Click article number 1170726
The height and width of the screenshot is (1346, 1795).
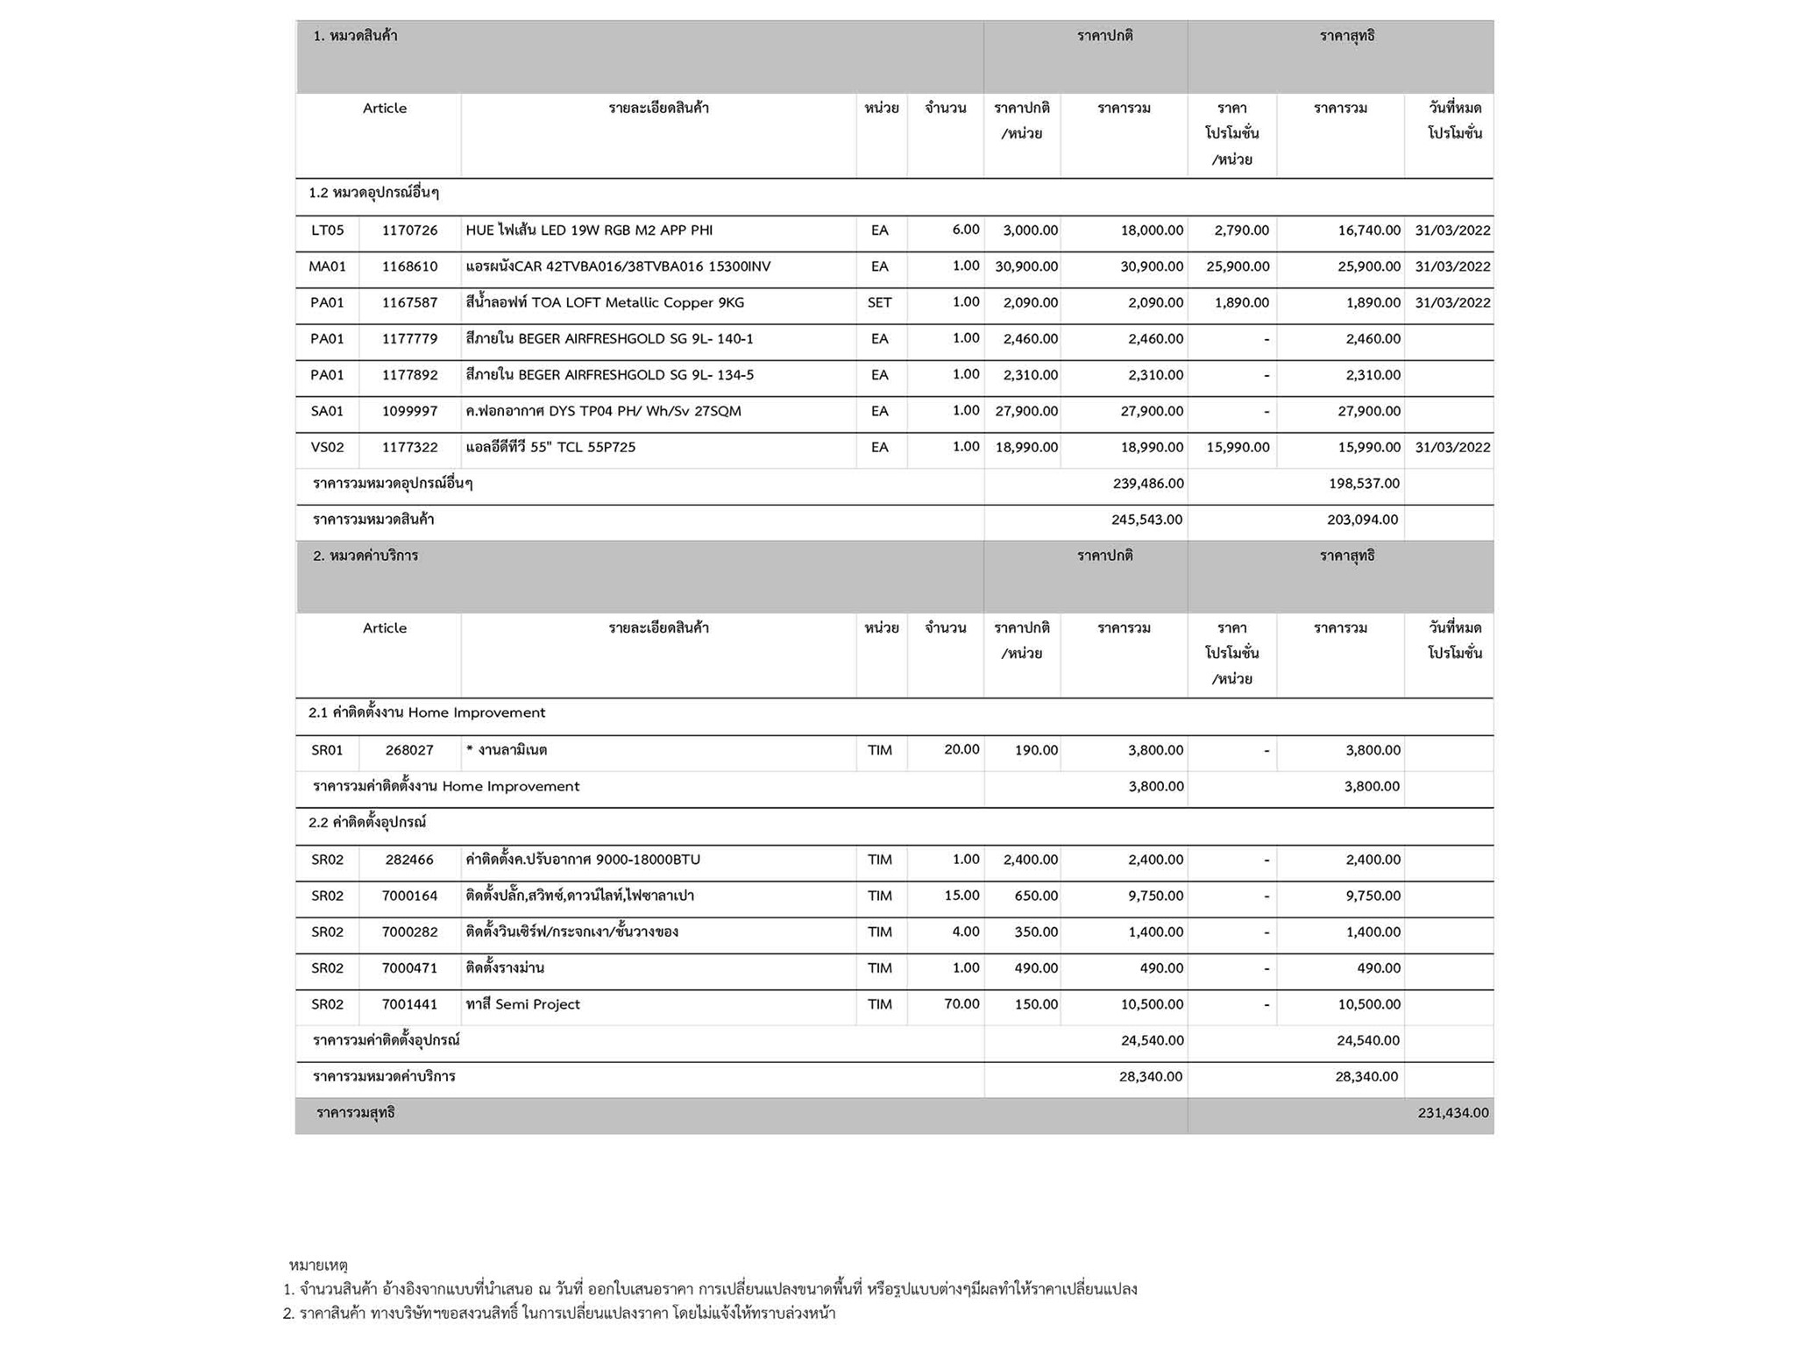[409, 230]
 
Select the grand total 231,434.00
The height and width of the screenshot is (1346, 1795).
[1452, 1113]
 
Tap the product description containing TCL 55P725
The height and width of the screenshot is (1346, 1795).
[550, 447]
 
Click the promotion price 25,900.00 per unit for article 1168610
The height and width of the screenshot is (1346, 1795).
[1237, 266]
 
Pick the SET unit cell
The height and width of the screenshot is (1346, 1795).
[879, 302]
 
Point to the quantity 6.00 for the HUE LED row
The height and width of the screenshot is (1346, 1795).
[965, 230]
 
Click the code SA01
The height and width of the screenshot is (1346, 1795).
[327, 411]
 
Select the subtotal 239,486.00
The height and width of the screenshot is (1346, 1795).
[1147, 484]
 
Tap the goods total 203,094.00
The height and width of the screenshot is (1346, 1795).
[1362, 520]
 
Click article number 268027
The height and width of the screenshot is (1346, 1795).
[409, 750]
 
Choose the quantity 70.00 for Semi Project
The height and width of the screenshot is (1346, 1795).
[961, 1004]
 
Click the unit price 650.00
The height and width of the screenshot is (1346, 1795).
[1036, 896]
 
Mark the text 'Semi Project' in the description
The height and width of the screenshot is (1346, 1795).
[537, 1004]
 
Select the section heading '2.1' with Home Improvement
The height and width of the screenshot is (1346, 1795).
[426, 712]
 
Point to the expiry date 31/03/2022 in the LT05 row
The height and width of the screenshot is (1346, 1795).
[1452, 230]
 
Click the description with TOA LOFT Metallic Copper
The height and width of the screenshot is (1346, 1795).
[605, 302]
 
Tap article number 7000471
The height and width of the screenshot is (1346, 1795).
[409, 968]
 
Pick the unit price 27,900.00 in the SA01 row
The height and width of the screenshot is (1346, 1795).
[1025, 411]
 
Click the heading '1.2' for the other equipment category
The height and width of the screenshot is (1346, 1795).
[373, 193]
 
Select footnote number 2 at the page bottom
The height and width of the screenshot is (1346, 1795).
[558, 1314]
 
